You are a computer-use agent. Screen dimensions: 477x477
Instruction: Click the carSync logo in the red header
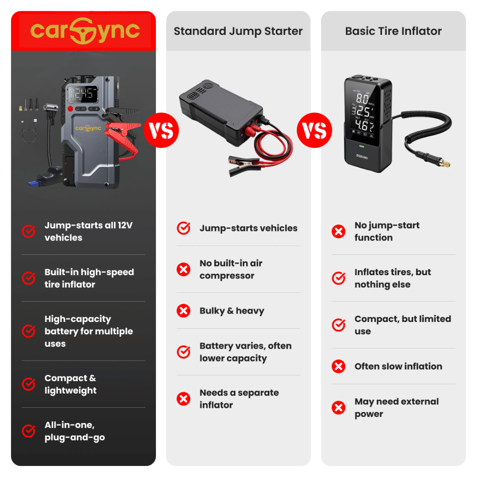pyautogui.click(x=84, y=31)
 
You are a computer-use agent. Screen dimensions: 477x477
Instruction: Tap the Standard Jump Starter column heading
pyautogui.click(x=238, y=31)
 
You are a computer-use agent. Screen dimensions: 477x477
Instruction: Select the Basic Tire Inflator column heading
pyautogui.click(x=393, y=31)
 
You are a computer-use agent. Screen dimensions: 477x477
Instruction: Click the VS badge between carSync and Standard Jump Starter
pyautogui.click(x=161, y=130)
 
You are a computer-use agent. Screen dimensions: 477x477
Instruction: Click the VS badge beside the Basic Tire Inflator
pyautogui.click(x=315, y=130)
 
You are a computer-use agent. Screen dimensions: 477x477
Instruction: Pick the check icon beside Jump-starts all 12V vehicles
pyautogui.click(x=29, y=231)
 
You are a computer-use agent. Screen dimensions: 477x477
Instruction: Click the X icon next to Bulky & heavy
pyautogui.click(x=183, y=311)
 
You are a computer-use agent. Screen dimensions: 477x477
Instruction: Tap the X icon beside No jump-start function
pyautogui.click(x=338, y=232)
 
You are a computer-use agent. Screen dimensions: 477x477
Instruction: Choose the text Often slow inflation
pyautogui.click(x=398, y=366)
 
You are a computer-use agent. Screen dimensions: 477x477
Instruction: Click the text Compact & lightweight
pyautogui.click(x=70, y=384)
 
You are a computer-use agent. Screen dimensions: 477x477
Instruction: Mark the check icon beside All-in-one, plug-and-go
pyautogui.click(x=29, y=431)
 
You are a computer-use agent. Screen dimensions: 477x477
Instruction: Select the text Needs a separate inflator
pyautogui.click(x=238, y=399)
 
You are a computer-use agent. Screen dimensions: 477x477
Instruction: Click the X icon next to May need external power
pyautogui.click(x=338, y=408)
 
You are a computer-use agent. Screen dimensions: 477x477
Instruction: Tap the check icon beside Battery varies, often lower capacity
pyautogui.click(x=183, y=352)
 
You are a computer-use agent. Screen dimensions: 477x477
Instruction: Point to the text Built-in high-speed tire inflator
pyautogui.click(x=89, y=278)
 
